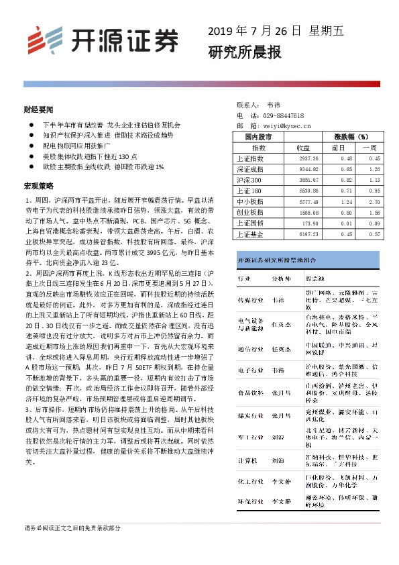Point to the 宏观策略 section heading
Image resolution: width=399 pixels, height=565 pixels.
38,185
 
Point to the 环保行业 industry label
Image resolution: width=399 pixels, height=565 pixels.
250,501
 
